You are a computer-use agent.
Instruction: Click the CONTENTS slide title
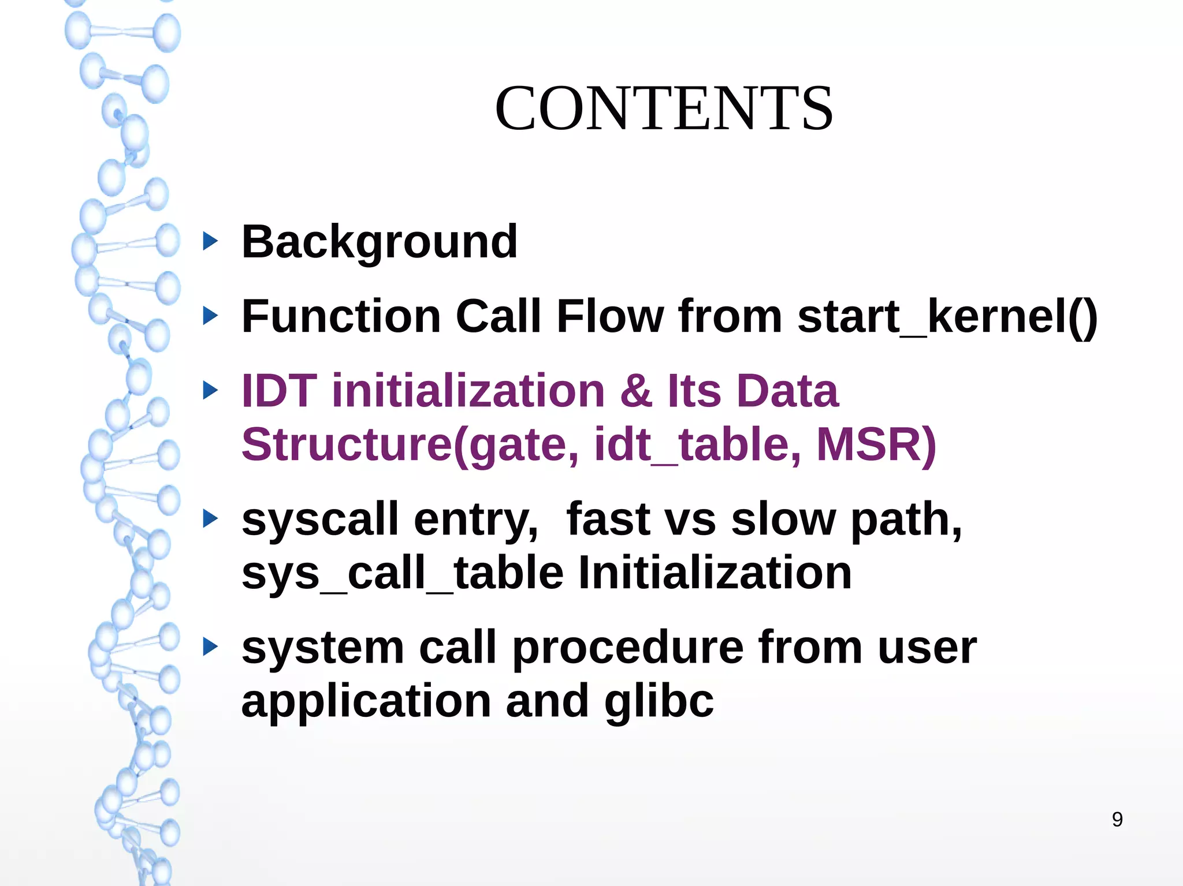664,109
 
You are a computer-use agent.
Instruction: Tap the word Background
380,242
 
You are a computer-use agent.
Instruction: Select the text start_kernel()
947,316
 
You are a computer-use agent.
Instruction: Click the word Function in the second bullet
341,316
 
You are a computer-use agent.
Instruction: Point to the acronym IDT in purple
279,391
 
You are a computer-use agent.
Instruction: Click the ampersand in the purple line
636,391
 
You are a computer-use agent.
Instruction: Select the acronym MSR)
876,444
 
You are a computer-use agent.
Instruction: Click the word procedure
628,648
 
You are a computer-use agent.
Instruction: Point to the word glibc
659,701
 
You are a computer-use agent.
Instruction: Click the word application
366,701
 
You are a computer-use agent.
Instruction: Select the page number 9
1117,819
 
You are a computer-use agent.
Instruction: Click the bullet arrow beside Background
211,241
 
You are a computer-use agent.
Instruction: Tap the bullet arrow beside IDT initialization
211,391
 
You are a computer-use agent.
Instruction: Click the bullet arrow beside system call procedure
211,647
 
